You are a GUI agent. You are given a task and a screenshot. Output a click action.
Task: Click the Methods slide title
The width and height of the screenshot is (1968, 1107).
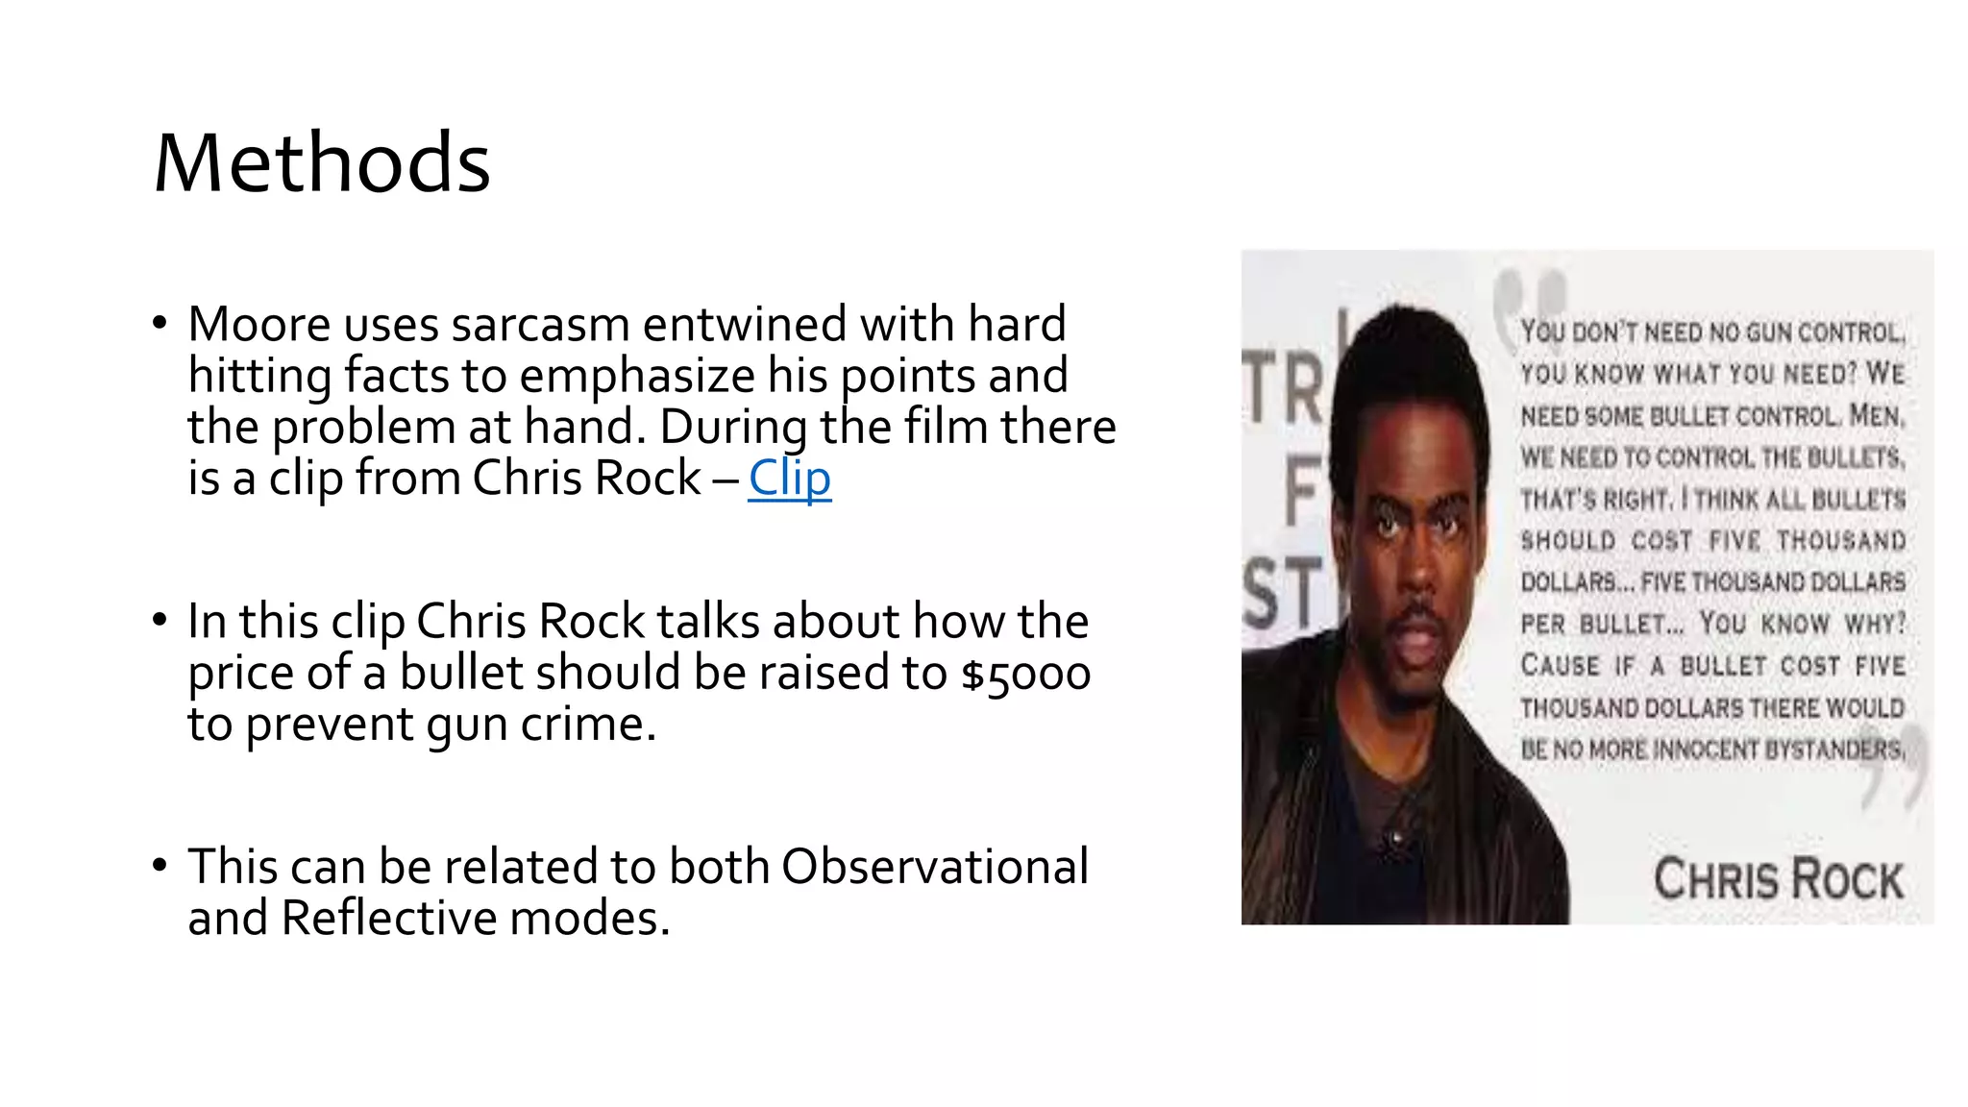pyautogui.click(x=322, y=162)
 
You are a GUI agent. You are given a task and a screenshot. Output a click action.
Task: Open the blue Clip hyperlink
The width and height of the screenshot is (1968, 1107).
pyautogui.click(x=789, y=478)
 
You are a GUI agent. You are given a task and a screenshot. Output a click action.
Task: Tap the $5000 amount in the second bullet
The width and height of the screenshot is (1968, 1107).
pyautogui.click(x=1025, y=673)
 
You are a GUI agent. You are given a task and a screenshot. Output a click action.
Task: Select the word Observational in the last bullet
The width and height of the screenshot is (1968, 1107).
pyautogui.click(x=934, y=867)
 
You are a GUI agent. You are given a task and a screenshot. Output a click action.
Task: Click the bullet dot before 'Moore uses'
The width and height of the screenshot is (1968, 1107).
pyautogui.click(x=160, y=324)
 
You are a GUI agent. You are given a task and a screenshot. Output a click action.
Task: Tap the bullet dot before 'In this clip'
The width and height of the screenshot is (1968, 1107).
pyautogui.click(x=160, y=621)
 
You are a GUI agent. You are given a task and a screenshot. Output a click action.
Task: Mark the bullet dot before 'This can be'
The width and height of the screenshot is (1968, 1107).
pyautogui.click(x=160, y=866)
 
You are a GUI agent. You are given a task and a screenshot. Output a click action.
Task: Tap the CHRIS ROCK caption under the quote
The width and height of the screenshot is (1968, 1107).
pyautogui.click(x=1778, y=879)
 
